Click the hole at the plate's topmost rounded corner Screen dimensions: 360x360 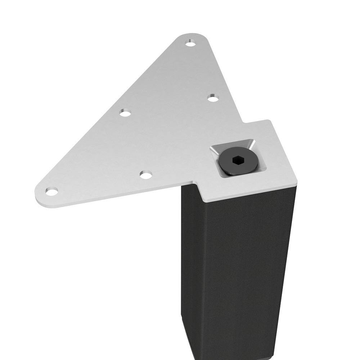pos(190,44)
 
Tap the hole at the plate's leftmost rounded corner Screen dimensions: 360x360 pos(51,192)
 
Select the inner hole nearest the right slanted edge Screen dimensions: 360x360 pos(213,98)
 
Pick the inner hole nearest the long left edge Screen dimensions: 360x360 pos(125,113)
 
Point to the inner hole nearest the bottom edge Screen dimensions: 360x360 pos(146,175)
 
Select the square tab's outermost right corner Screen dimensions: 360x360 pos(297,183)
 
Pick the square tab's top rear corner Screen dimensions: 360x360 pos(268,121)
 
